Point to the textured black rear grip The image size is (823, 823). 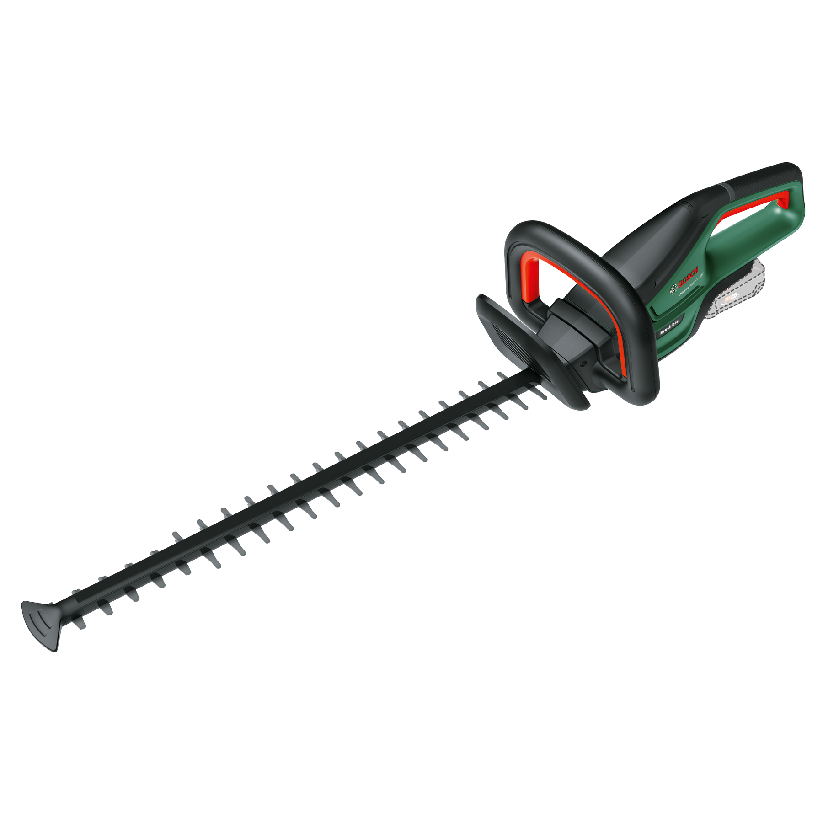(764, 176)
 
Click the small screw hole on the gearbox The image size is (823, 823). (583, 364)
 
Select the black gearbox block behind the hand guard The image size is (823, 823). (572, 338)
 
